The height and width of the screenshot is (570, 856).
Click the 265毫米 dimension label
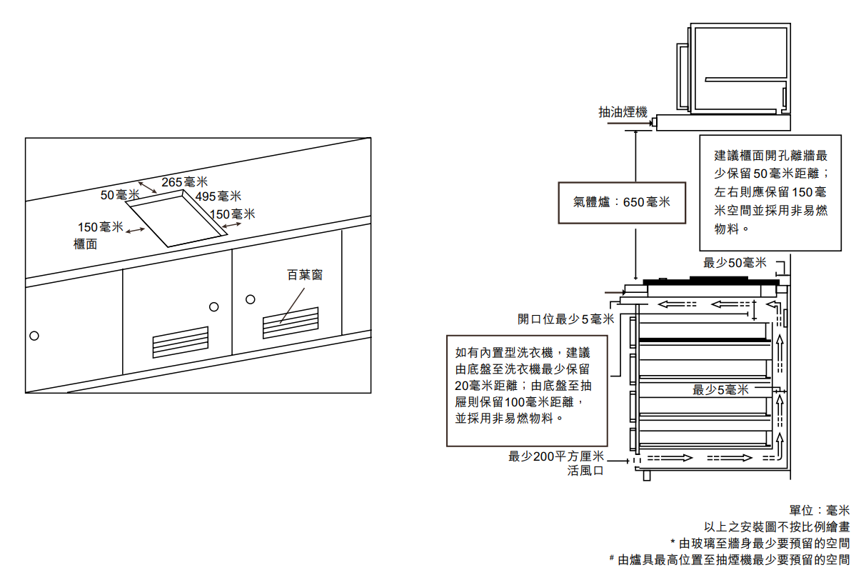coord(184,182)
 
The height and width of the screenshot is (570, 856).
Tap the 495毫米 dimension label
coord(218,196)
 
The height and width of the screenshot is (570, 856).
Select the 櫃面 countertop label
coord(86,244)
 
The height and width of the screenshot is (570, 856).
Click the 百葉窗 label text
coord(305,274)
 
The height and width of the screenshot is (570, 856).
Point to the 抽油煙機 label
coord(623,112)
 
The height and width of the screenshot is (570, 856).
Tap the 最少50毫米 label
coord(735,263)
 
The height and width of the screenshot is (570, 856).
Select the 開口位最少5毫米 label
coord(565,319)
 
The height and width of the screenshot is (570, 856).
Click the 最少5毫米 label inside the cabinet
coord(720,389)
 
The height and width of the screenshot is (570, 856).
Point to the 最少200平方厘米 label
coord(556,456)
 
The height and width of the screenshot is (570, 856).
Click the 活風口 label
coord(585,471)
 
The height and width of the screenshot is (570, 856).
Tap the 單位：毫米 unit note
coord(820,511)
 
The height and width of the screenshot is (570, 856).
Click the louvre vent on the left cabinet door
coord(181,342)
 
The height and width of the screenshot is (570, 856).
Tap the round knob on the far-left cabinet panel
coord(34,336)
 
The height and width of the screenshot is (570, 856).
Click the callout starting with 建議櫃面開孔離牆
coord(770,192)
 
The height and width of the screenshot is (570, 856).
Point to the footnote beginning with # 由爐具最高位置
coord(729,559)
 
